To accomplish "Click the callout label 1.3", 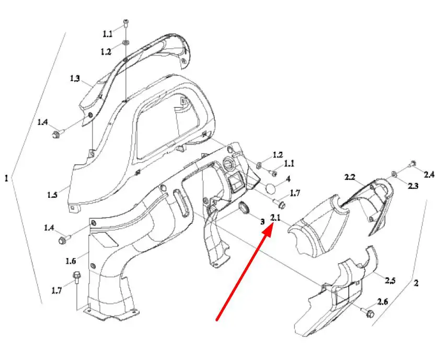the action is [75, 78].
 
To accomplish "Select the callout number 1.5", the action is [52, 195].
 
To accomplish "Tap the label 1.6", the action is [71, 261].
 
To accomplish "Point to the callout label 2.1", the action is [276, 218].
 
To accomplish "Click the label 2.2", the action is [350, 177].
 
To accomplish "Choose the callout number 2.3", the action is [413, 186].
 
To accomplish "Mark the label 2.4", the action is [429, 174].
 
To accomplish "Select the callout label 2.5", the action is [390, 280].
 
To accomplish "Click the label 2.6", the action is [383, 301].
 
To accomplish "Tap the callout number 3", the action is [262, 222].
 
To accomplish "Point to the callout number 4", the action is [288, 179].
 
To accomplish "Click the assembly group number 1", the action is [6, 178].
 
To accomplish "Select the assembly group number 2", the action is [416, 283].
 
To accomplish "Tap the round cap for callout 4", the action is [271, 189].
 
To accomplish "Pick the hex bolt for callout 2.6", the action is [370, 312].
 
